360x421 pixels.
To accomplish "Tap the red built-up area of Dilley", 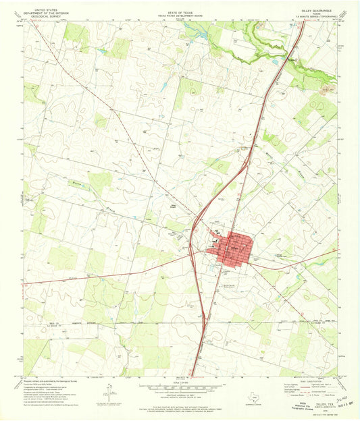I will (x=234, y=249).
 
